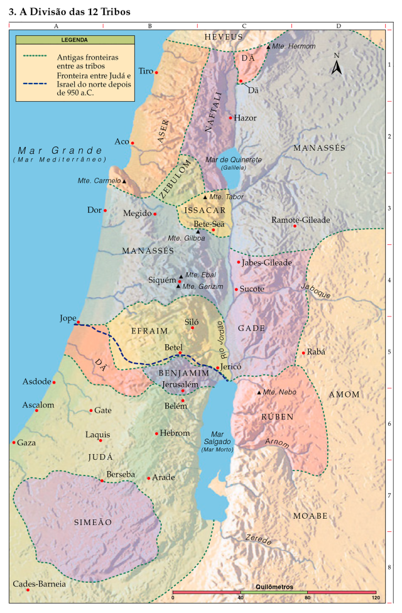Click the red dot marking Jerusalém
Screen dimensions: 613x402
[183, 391]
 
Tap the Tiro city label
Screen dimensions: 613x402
[145, 71]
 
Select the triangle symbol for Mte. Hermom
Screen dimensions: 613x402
[268, 47]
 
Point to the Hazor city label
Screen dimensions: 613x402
[245, 117]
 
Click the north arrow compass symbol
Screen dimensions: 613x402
[337, 65]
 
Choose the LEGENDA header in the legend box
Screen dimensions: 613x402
[74, 40]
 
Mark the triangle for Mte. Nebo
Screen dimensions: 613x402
[259, 393]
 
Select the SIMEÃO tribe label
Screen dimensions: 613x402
[93, 522]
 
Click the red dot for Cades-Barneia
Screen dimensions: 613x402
[28, 590]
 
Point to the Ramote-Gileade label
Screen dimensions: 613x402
[300, 220]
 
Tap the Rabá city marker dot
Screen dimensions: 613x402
[303, 352]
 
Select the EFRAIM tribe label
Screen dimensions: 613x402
[149, 330]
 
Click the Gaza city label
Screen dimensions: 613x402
[26, 442]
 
